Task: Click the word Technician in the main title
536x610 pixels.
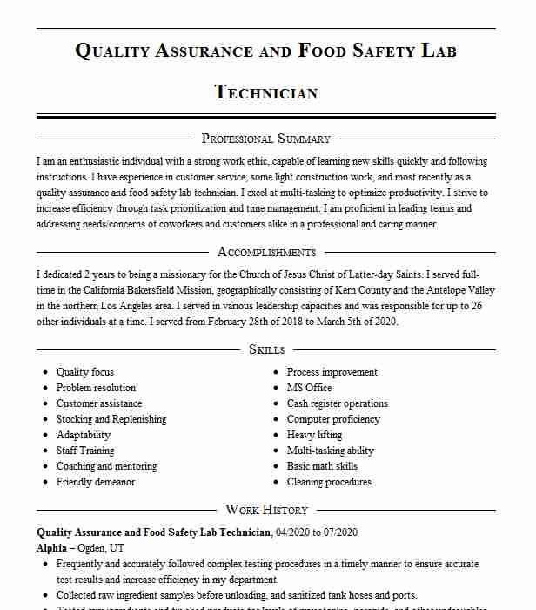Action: click(x=266, y=92)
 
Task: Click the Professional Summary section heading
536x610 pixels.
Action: click(x=266, y=139)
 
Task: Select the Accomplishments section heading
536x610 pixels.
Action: click(x=266, y=252)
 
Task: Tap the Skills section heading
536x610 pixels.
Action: click(x=266, y=349)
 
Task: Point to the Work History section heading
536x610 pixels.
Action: click(x=266, y=510)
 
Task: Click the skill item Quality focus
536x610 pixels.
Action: click(x=85, y=372)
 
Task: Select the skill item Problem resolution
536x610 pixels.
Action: click(x=96, y=388)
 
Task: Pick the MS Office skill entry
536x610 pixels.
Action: click(x=309, y=388)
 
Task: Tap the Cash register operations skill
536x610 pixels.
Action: click(x=338, y=403)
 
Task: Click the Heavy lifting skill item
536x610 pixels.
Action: click(x=314, y=435)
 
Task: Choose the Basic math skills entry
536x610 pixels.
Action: click(x=322, y=466)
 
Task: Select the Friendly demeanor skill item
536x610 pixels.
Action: click(x=96, y=482)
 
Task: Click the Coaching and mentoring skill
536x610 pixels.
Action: click(x=106, y=466)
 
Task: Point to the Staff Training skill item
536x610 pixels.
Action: click(x=85, y=451)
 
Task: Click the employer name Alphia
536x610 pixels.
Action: click(x=51, y=548)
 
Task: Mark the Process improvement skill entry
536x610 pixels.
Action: click(x=332, y=372)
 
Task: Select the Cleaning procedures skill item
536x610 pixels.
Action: click(x=329, y=482)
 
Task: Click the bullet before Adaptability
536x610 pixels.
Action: click(x=45, y=435)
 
